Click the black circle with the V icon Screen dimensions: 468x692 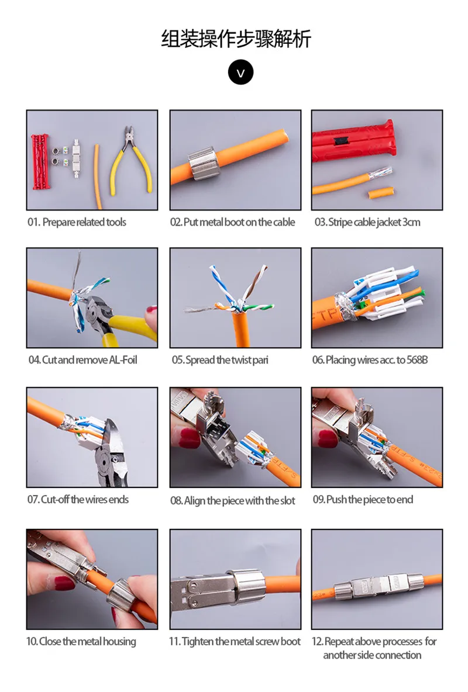coord(240,73)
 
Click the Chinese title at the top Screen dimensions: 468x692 coord(236,39)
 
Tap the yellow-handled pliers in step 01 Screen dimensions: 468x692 coord(131,161)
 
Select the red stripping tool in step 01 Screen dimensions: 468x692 coord(39,162)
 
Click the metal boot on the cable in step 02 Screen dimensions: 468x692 coord(204,164)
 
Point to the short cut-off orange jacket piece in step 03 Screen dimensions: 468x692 coord(380,192)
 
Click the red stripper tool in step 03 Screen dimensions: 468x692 coord(353,140)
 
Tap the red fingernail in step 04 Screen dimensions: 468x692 coord(152,309)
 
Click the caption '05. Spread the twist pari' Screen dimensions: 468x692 coord(220,360)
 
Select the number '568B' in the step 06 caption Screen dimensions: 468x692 coord(417,360)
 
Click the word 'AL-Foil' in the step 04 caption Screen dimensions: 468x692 coord(123,360)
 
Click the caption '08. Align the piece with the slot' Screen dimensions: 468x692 coord(233,500)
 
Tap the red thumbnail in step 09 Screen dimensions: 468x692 coord(328,439)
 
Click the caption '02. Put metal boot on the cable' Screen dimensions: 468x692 coord(233,222)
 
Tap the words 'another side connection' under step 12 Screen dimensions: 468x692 coord(372,655)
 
